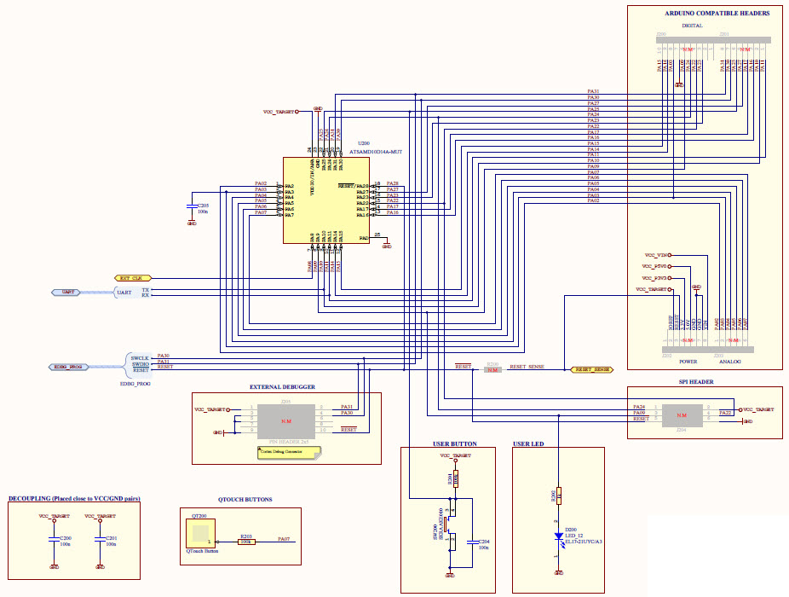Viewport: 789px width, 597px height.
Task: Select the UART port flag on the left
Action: pos(68,293)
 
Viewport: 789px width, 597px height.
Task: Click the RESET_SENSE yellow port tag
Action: pos(590,369)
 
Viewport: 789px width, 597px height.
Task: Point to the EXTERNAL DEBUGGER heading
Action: pos(282,387)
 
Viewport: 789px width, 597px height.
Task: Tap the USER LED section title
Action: pos(528,444)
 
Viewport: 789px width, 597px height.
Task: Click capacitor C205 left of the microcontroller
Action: pos(192,207)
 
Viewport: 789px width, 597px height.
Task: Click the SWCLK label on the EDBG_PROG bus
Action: pos(140,357)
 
